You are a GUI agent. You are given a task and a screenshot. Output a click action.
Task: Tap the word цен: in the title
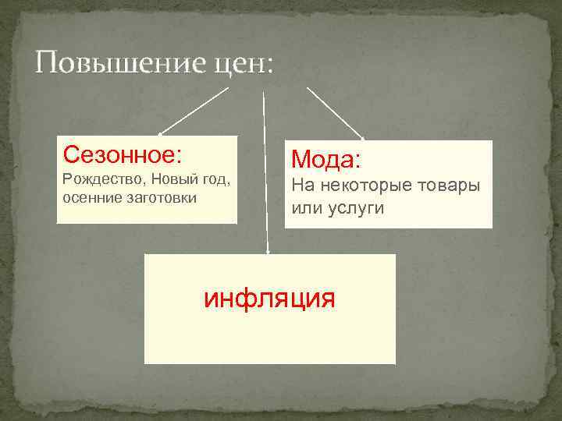coord(242,63)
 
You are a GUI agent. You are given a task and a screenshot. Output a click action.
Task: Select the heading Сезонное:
coord(123,154)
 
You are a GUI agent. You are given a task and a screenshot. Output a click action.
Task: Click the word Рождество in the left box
coord(96,180)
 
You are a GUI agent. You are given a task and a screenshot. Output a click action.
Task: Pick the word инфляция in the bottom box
coord(269,298)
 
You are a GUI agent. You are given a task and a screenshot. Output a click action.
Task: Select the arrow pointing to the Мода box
coord(335,112)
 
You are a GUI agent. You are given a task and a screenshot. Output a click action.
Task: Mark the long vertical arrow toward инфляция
coord(265,172)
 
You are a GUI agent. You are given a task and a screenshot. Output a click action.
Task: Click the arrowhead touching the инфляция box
coord(268,251)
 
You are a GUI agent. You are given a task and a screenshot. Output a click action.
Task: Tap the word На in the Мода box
coord(301,188)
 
